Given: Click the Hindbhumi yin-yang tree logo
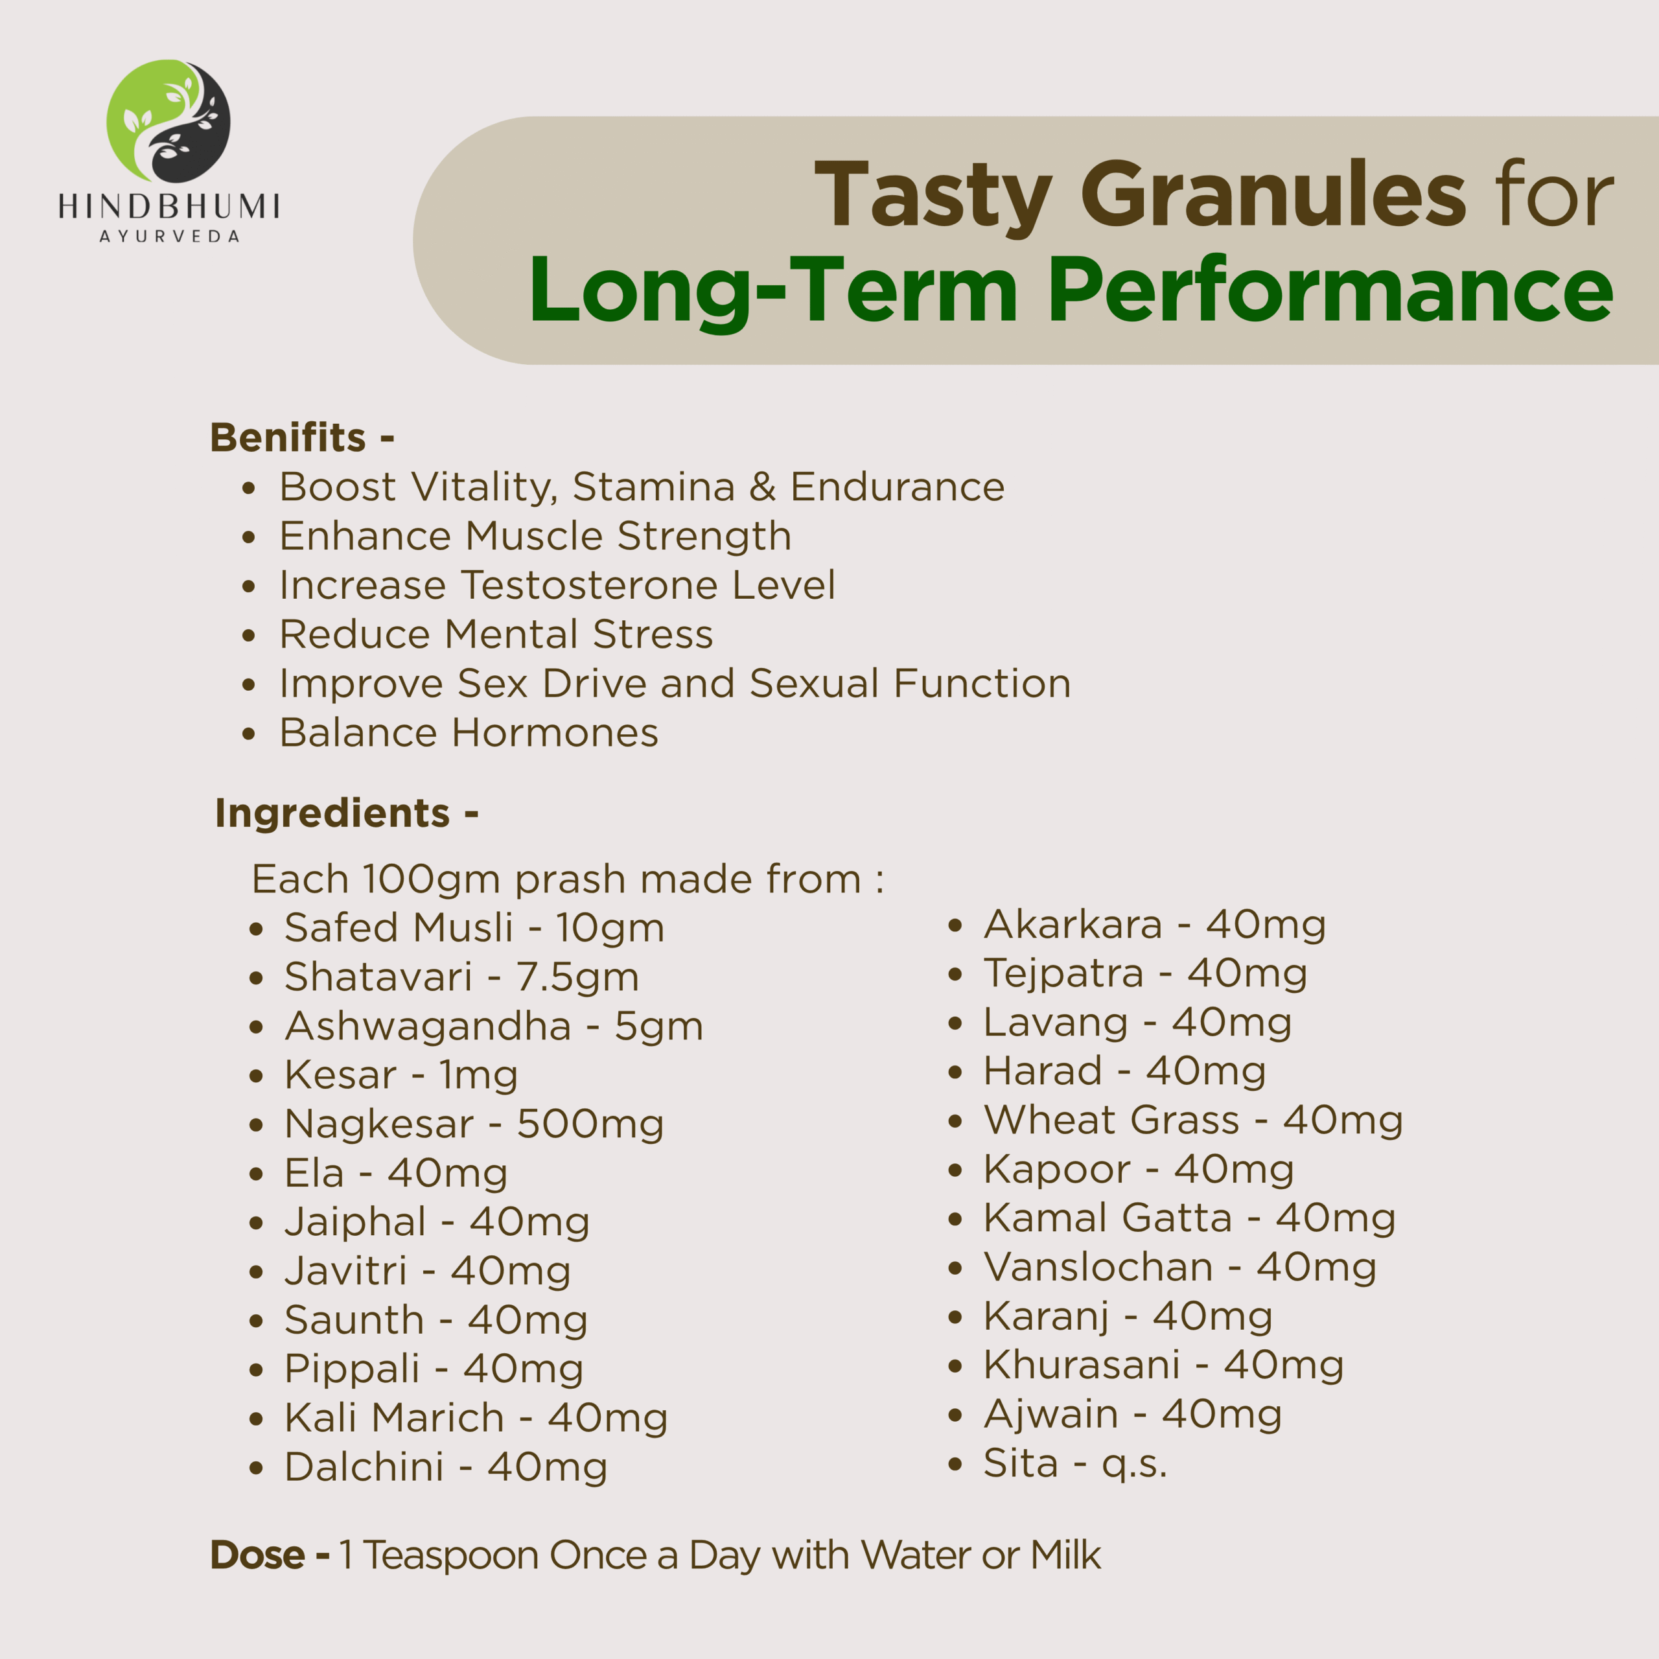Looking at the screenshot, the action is [168, 121].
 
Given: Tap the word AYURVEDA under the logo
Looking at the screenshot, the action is [169, 236].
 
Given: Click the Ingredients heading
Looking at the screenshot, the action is [346, 813].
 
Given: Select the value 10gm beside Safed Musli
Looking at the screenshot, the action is [610, 928].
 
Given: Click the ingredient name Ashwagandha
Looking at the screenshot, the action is [428, 1026].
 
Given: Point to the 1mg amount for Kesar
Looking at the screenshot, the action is [478, 1076].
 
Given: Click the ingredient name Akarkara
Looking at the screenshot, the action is [1073, 924].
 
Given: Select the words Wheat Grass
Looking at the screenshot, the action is [1112, 1120].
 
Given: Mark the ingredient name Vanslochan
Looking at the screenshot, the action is [1098, 1268].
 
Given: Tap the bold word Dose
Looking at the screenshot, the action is [258, 1555].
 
